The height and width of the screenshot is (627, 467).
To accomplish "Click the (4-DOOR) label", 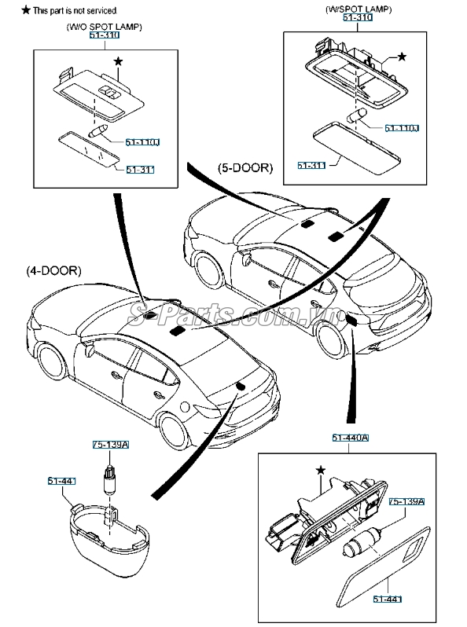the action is click(x=53, y=271).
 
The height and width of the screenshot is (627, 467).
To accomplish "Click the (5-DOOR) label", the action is click(x=245, y=168).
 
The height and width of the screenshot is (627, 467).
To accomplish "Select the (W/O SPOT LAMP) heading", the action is click(x=105, y=27).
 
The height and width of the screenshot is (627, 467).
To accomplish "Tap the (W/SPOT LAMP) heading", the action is click(x=359, y=9).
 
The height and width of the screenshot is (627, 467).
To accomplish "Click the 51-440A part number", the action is click(x=350, y=438).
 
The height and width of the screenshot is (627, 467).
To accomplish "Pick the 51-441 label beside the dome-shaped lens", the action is click(x=61, y=481).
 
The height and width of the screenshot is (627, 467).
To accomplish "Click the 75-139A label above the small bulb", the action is click(x=111, y=445).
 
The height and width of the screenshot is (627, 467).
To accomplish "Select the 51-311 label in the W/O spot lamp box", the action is click(x=140, y=170).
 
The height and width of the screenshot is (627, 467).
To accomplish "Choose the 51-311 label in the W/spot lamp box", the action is click(x=311, y=165).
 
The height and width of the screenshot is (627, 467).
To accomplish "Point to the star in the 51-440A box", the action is click(x=321, y=470).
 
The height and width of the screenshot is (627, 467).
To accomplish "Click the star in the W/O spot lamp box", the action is click(x=118, y=61).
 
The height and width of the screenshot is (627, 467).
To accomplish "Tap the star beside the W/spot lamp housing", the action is click(x=402, y=57).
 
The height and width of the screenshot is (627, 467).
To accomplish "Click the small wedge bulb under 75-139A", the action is click(x=108, y=481).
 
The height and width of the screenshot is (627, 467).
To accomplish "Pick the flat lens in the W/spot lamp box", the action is click(x=356, y=148).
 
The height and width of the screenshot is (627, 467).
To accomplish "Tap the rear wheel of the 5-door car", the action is click(x=330, y=339).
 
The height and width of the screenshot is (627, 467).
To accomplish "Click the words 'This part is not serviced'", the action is click(x=75, y=11).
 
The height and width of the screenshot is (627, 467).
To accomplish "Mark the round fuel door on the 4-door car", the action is click(x=185, y=407).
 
